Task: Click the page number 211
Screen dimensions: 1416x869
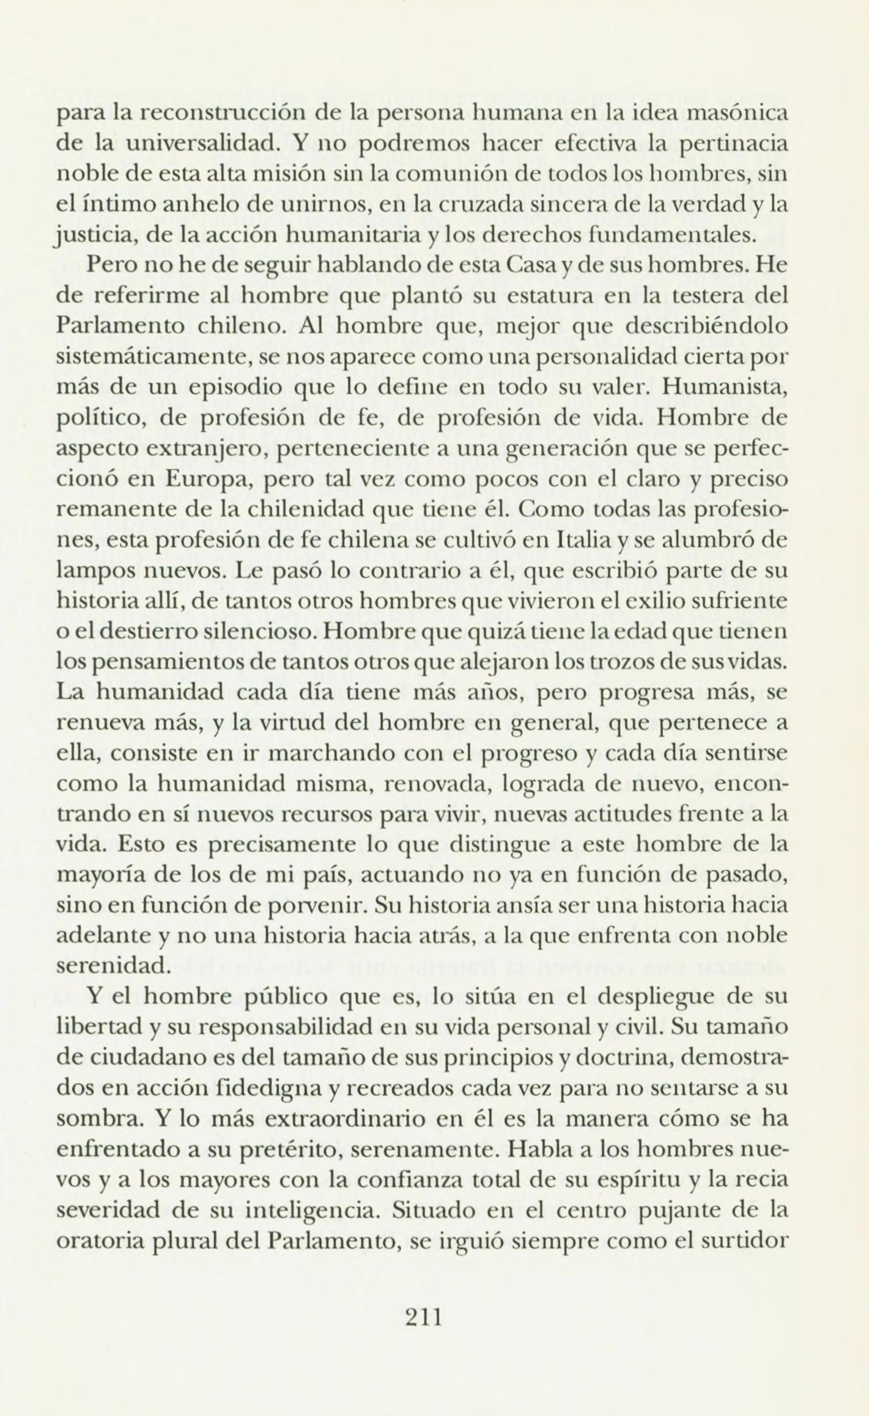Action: [424, 1315]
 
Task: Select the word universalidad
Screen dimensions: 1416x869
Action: [188, 144]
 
